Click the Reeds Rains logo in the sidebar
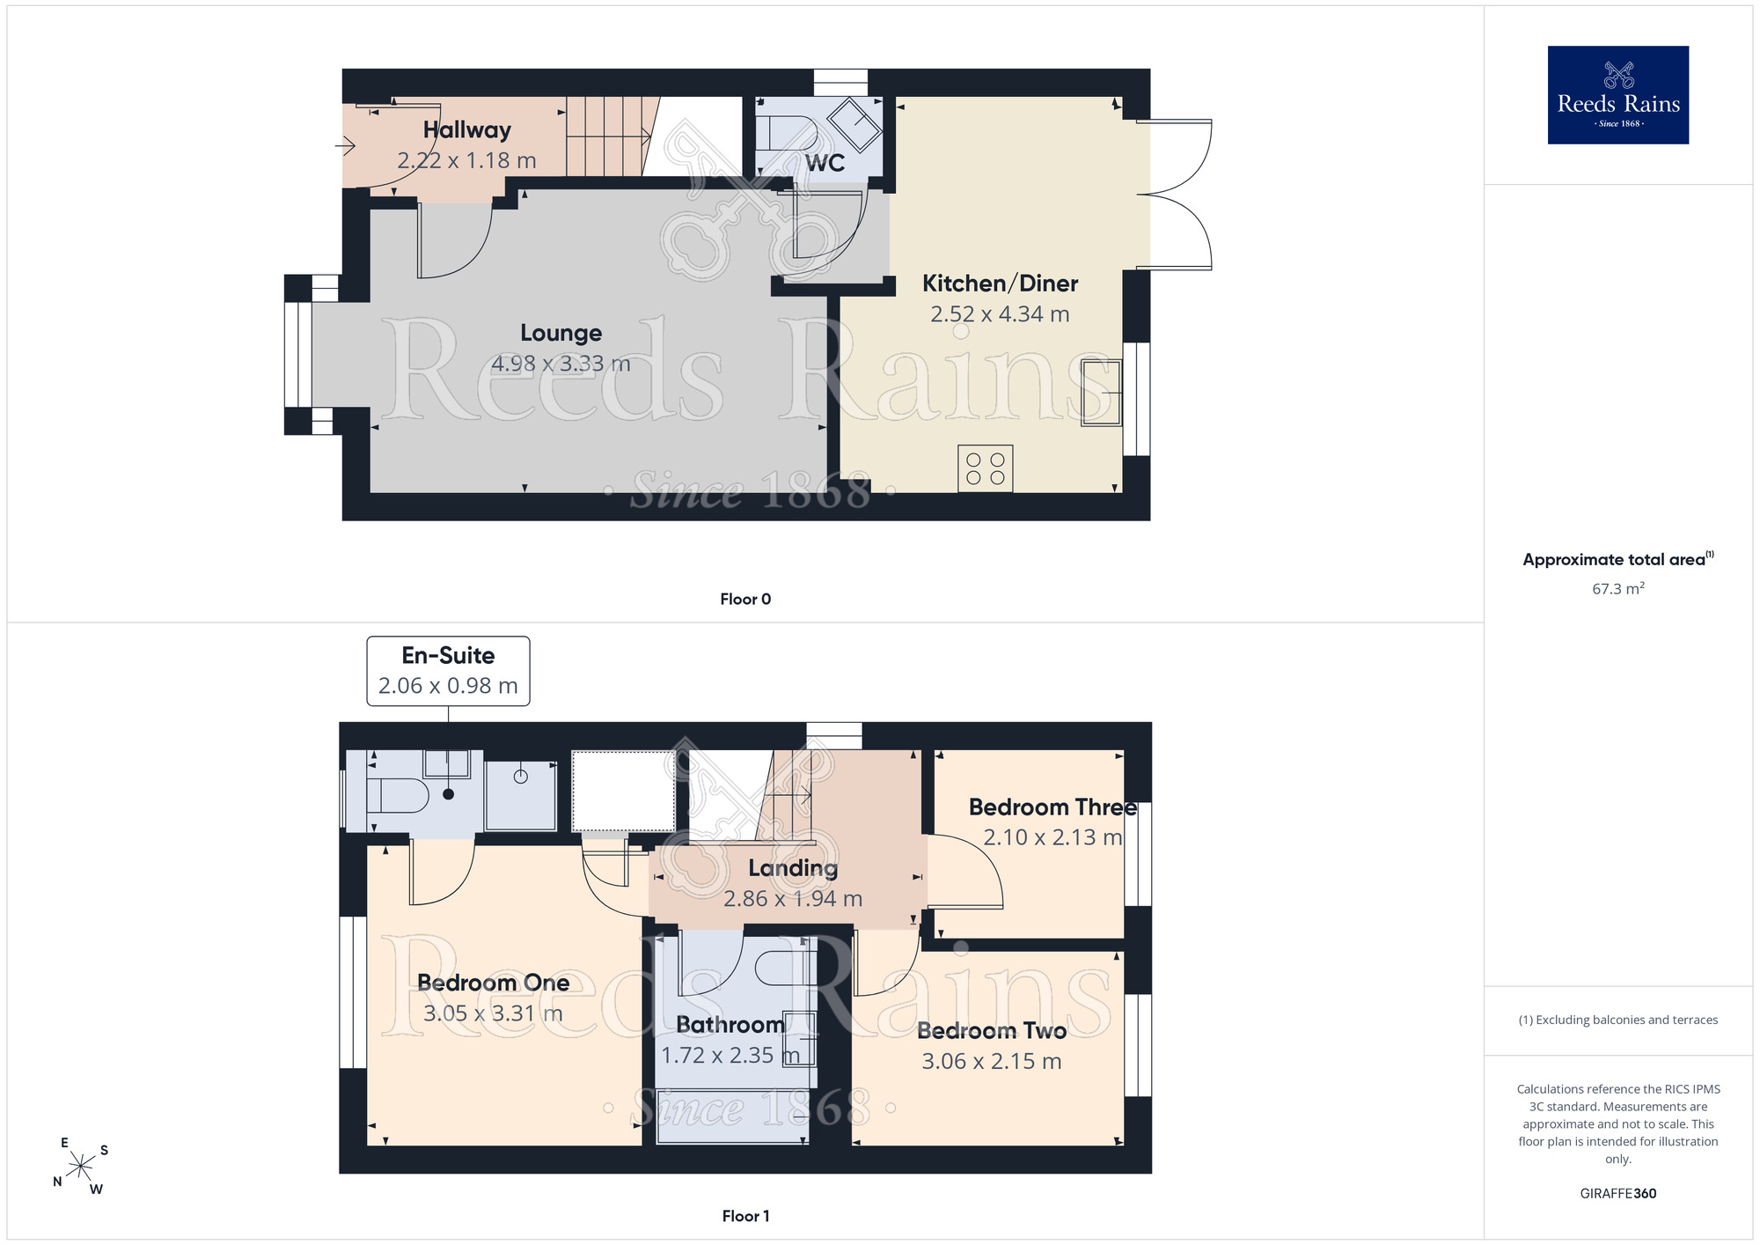[1617, 95]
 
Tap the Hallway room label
[467, 130]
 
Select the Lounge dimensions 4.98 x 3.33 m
[561, 364]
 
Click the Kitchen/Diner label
[1000, 284]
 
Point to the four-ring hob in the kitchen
[986, 468]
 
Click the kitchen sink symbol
[1102, 393]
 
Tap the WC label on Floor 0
[825, 163]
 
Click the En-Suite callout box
[448, 671]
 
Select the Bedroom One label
[493, 983]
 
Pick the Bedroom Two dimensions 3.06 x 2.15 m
[992, 1062]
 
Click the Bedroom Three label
[1052, 807]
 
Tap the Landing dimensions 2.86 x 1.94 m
[793, 899]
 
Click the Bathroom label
[730, 1025]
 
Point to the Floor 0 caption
[745, 600]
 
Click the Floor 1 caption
[745, 1216]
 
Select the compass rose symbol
[80, 1167]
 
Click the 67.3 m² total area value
[1617, 588]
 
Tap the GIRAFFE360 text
[1617, 1194]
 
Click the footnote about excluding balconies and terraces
[1617, 1020]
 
